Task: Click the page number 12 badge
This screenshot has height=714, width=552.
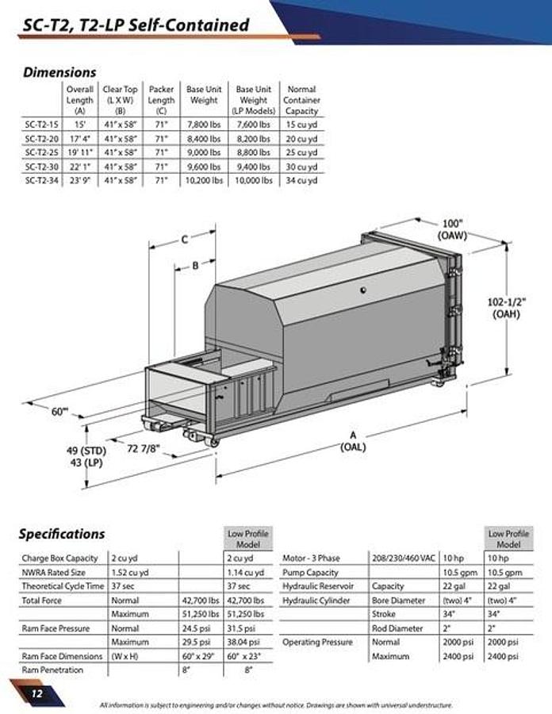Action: [36, 693]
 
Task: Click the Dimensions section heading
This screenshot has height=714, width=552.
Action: [59, 72]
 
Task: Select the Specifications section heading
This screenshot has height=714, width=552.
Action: [62, 534]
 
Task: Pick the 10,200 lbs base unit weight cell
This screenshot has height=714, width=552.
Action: [204, 180]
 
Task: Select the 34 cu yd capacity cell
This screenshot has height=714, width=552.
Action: [301, 180]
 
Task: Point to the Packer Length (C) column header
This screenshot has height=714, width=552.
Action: [162, 100]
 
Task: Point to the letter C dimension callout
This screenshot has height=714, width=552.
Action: [183, 239]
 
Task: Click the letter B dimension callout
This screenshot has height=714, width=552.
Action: [195, 266]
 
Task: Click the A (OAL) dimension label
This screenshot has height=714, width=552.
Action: [353, 441]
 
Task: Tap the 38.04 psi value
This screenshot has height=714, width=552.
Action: [244, 642]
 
